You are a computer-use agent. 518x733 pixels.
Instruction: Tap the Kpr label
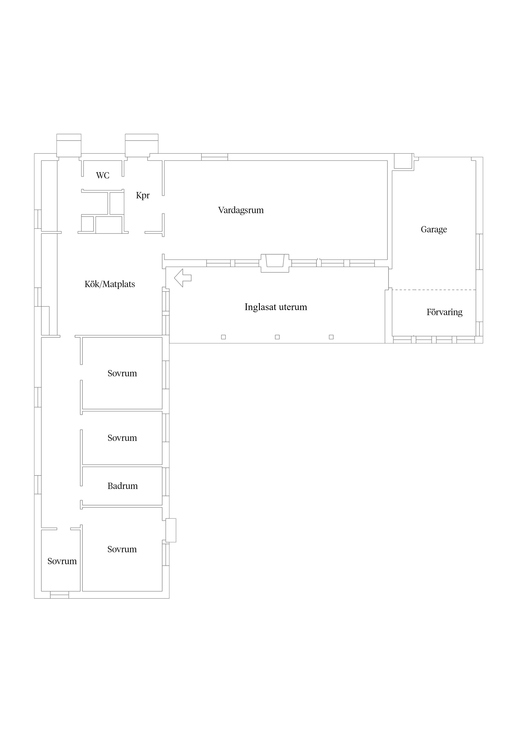click(143, 195)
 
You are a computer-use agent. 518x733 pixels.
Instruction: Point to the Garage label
click(434, 230)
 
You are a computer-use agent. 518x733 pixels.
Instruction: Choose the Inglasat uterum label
click(276, 307)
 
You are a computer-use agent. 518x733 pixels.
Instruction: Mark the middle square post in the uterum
click(277, 337)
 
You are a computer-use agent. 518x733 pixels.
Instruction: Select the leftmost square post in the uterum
click(223, 337)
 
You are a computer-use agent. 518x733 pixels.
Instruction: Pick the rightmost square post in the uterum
click(331, 337)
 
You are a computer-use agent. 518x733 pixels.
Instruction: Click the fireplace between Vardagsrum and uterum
click(275, 263)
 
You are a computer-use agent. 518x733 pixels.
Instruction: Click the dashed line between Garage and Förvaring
click(434, 290)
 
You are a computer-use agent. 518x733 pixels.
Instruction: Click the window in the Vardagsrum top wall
click(215, 157)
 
